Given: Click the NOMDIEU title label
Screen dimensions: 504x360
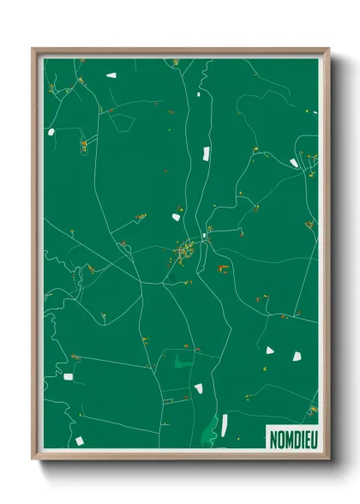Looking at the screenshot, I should click(x=291, y=437).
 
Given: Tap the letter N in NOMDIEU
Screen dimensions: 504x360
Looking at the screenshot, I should click(x=273, y=437).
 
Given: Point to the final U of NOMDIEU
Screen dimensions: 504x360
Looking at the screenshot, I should click(x=310, y=437).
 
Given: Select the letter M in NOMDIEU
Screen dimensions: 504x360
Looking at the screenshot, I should click(x=286, y=437).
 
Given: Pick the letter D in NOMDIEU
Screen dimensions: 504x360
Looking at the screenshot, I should click(x=293, y=437).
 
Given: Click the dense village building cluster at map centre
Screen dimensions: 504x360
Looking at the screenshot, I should click(x=185, y=252).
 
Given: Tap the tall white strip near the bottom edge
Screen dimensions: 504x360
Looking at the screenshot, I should click(x=224, y=423).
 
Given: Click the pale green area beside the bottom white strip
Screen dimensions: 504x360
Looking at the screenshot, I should click(x=211, y=425).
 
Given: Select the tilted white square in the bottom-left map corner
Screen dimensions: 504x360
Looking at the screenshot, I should click(x=80, y=440).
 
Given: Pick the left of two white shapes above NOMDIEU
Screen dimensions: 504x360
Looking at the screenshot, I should click(x=270, y=350).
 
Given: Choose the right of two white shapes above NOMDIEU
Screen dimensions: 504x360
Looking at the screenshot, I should click(x=297, y=355).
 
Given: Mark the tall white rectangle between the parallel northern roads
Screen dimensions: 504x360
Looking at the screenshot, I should click(x=206, y=154).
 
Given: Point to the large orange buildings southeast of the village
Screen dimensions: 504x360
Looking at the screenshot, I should click(x=223, y=267).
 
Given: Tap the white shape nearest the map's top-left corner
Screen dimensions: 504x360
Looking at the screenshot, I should click(x=111, y=75).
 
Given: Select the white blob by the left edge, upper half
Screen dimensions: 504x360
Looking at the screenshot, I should click(x=51, y=132).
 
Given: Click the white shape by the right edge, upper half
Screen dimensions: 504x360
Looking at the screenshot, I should click(x=294, y=162).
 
